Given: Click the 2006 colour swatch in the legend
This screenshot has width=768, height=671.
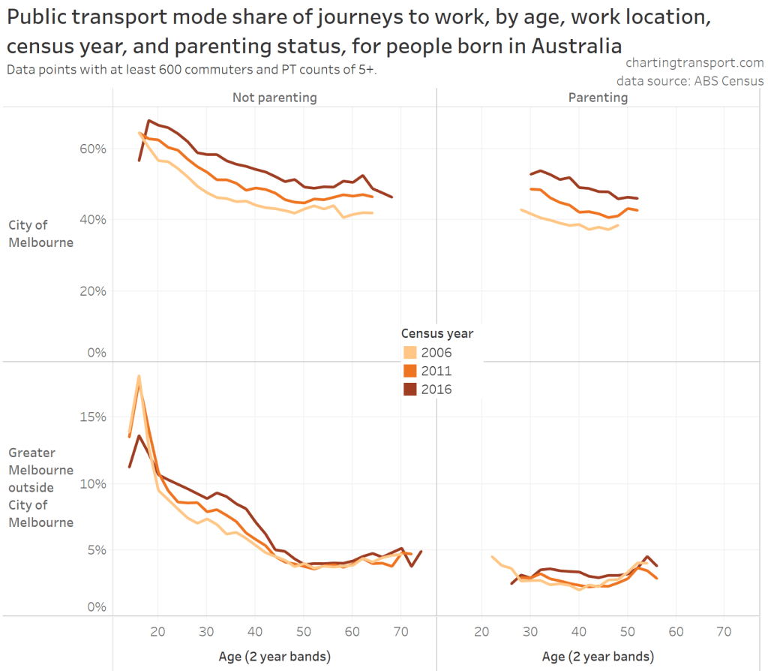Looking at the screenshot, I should pyautogui.click(x=409, y=353).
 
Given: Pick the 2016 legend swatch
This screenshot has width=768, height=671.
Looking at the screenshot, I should pyautogui.click(x=409, y=389).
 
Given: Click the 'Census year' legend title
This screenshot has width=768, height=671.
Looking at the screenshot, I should pyautogui.click(x=436, y=333).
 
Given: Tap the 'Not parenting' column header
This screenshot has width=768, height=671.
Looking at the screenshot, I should pyautogui.click(x=274, y=98).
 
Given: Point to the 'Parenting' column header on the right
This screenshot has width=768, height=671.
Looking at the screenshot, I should pyautogui.click(x=598, y=98).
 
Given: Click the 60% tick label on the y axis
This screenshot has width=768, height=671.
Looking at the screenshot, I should pyautogui.click(x=93, y=149).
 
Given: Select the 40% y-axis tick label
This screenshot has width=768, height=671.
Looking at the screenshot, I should pyautogui.click(x=93, y=220).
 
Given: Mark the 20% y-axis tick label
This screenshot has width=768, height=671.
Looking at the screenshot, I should pyautogui.click(x=93, y=291).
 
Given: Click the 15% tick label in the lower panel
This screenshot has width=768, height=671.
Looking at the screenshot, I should pyautogui.click(x=93, y=417).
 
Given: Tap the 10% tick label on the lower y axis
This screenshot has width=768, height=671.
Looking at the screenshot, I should pyautogui.click(x=93, y=483).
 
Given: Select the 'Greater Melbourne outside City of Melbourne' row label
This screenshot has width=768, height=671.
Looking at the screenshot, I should pyautogui.click(x=40, y=487).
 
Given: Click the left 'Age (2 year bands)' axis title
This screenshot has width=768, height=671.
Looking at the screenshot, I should pyautogui.click(x=274, y=657).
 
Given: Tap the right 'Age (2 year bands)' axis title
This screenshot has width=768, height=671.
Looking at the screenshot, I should pyautogui.click(x=598, y=657).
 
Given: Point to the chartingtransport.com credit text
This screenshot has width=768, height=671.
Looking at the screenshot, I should pyautogui.click(x=694, y=64).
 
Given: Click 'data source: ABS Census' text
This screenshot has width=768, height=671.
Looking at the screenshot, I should pyautogui.click(x=690, y=81).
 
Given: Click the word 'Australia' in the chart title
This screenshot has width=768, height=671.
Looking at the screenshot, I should pyautogui.click(x=577, y=45).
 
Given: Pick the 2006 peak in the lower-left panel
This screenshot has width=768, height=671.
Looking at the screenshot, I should pyautogui.click(x=139, y=376).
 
